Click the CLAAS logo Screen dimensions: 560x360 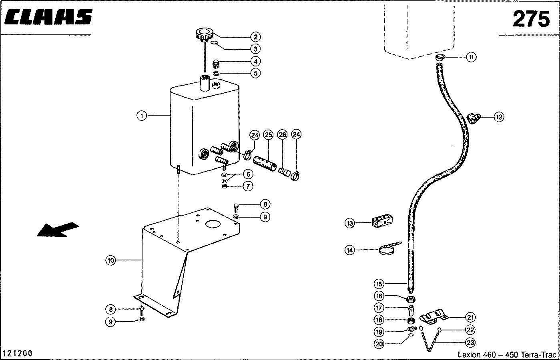(x=48, y=17)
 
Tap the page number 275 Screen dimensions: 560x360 (x=532, y=19)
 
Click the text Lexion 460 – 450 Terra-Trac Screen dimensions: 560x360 (x=507, y=354)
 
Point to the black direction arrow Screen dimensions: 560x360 (x=58, y=229)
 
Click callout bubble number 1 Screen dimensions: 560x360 (x=142, y=116)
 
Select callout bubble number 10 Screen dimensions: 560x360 (x=111, y=260)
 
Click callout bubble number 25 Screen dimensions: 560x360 (x=268, y=135)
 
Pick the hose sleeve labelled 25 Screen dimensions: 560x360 (x=265, y=164)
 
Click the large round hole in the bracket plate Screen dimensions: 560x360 (x=213, y=224)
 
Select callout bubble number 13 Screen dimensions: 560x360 (x=350, y=223)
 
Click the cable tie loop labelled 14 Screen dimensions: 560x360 (x=387, y=250)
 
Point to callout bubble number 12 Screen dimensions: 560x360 (x=499, y=117)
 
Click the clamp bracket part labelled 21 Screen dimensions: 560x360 (x=434, y=317)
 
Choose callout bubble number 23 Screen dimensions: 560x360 (x=470, y=342)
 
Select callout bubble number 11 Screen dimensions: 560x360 (x=471, y=57)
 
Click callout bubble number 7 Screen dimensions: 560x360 (x=248, y=186)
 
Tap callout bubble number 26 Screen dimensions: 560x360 (x=283, y=135)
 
